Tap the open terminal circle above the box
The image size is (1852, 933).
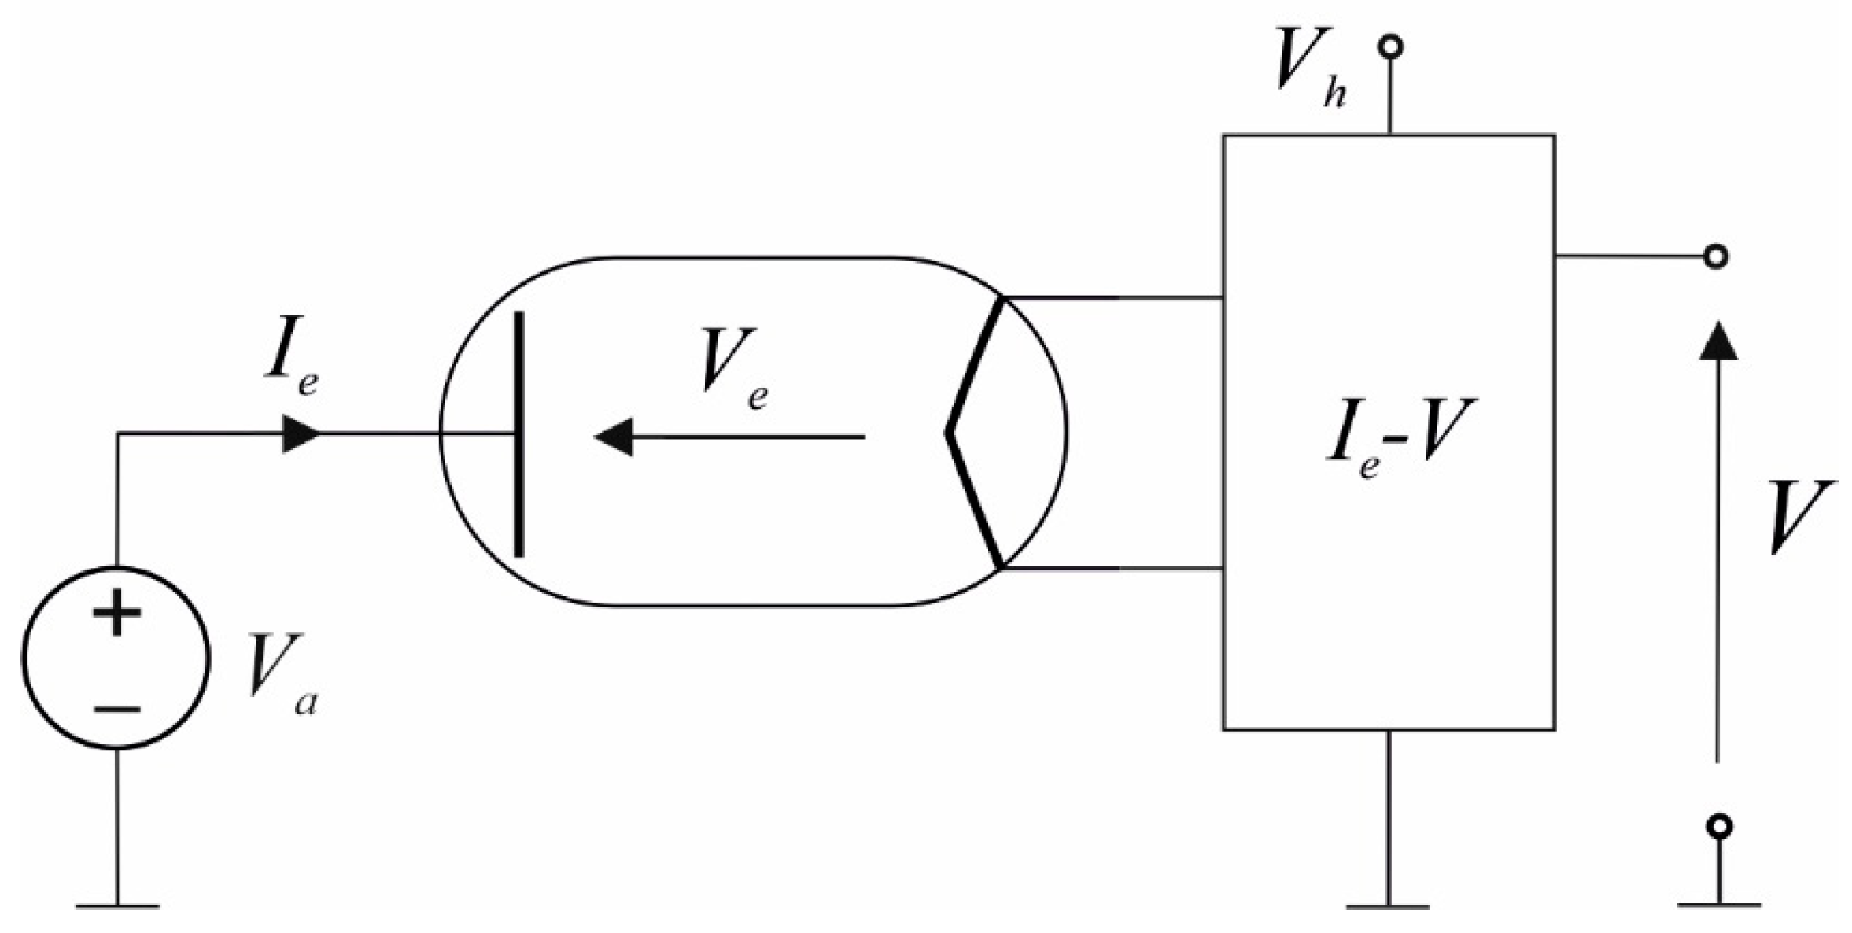click(x=1390, y=48)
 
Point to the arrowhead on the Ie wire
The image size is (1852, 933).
click(x=300, y=434)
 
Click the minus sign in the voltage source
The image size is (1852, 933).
click(x=117, y=710)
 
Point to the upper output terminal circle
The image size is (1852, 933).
click(x=1716, y=256)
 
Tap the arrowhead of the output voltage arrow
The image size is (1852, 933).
click(x=1717, y=343)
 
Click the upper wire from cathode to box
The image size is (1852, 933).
click(x=1113, y=298)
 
